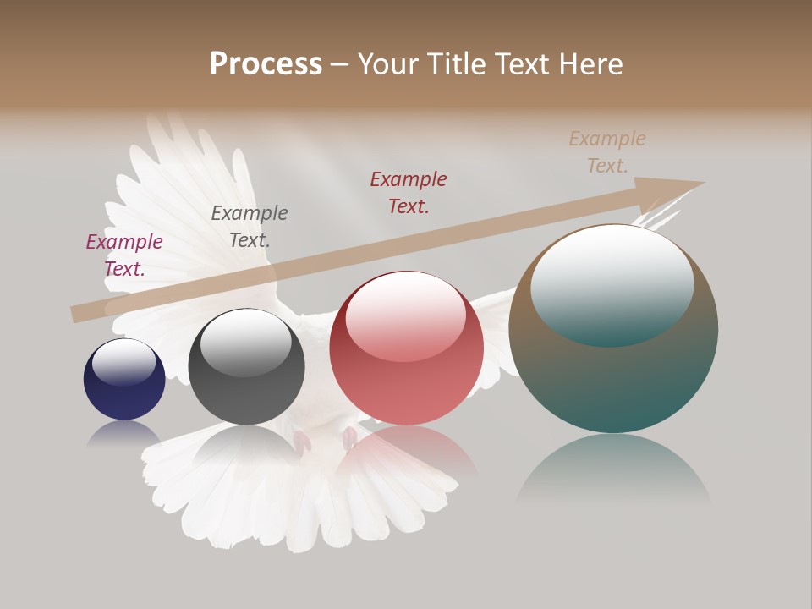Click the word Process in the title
click(266, 64)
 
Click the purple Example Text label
click(124, 255)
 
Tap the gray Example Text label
click(250, 227)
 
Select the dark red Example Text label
click(409, 192)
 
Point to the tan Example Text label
click(607, 152)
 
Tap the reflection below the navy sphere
click(124, 433)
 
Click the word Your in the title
click(387, 64)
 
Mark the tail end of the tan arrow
click(76, 314)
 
